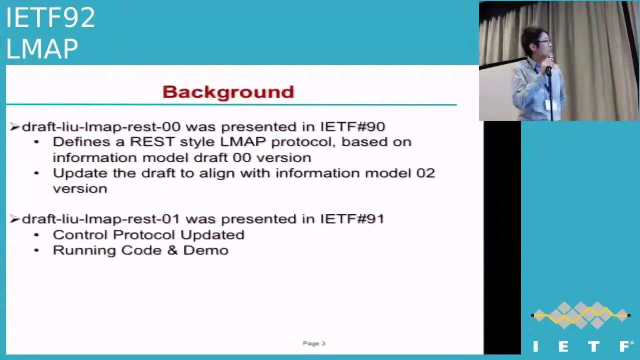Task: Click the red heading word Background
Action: click(x=228, y=92)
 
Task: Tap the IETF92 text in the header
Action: click(x=50, y=18)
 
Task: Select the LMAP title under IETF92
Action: click(x=42, y=49)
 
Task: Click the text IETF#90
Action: click(x=352, y=126)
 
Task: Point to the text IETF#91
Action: click(x=352, y=219)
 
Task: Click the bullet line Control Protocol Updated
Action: click(x=148, y=235)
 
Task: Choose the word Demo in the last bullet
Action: click(x=205, y=250)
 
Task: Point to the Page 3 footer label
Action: click(x=314, y=343)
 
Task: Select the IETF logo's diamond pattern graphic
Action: click(x=580, y=315)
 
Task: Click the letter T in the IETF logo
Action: click(x=593, y=346)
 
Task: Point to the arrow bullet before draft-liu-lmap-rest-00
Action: click(x=14, y=127)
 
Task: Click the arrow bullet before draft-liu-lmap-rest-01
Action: click(x=14, y=219)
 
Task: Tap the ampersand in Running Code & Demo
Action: click(x=172, y=250)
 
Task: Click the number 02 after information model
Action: click(x=425, y=173)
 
